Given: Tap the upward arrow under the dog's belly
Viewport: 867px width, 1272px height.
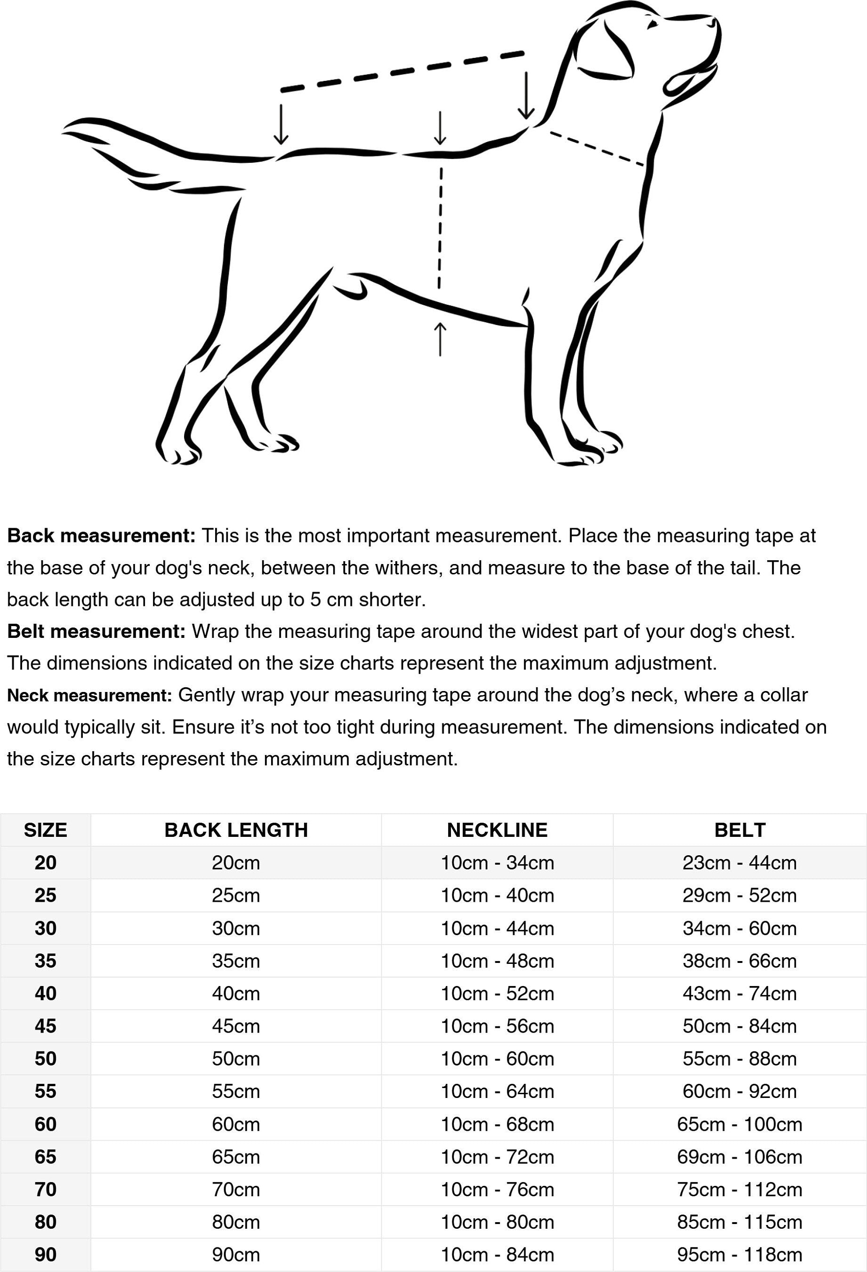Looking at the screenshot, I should coord(440,339).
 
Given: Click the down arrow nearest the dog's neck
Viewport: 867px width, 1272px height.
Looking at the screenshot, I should coord(526,96).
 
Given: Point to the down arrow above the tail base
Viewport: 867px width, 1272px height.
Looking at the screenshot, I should coord(281,124).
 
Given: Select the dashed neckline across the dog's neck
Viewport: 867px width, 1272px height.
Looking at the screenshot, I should coord(596,148).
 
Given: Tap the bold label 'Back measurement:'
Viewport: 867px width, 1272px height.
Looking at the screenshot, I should coord(101,535).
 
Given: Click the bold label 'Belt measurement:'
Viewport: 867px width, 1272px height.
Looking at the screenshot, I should coord(97,631).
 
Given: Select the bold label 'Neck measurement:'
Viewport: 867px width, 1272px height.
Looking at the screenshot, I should coord(90,695).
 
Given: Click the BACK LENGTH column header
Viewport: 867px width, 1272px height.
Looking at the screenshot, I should coord(236,830).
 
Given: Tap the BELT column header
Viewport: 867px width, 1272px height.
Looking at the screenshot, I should coord(739,830).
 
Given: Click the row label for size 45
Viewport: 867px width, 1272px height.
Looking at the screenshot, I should coord(46,1026).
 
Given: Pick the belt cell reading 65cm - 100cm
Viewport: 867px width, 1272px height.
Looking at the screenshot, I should coord(739,1124).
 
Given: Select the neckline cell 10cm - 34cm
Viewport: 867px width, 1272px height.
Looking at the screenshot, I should coord(498,863).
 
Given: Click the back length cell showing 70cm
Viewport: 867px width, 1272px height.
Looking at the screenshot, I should coord(236,1189).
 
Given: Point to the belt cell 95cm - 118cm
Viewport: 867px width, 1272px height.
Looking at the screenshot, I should coord(739,1255).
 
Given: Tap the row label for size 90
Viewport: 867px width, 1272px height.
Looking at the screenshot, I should coord(46,1255).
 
